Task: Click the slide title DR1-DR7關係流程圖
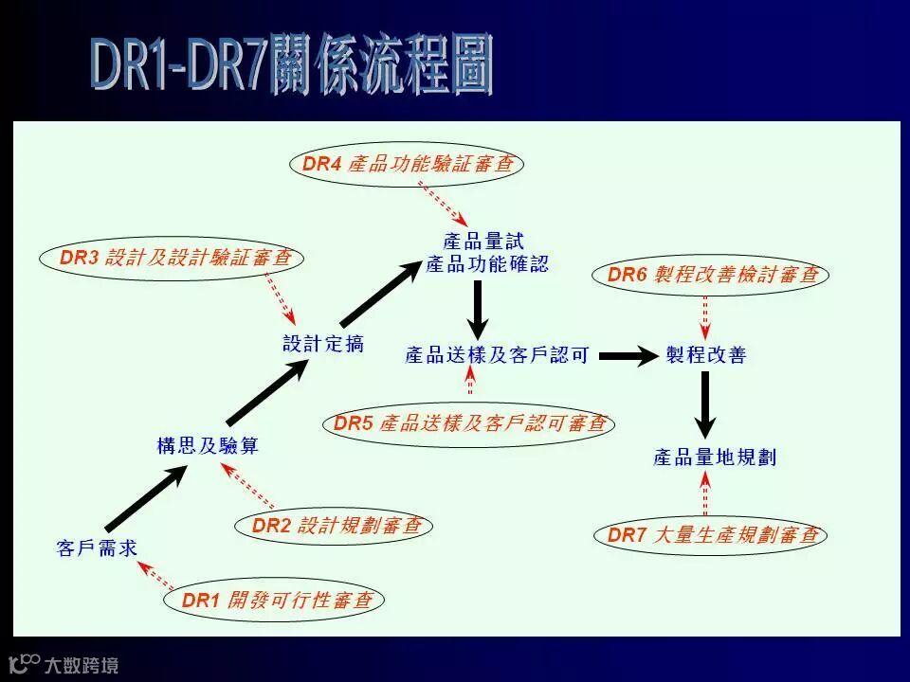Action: coord(292,65)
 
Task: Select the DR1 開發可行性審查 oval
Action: coord(276,600)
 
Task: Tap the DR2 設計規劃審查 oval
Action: coord(335,526)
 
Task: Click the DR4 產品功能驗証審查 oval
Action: coord(407,163)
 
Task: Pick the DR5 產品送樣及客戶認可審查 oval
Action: coord(468,423)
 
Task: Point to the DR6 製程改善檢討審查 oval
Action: coord(712,275)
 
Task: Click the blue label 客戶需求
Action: coord(98,548)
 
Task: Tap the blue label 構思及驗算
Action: coord(208,446)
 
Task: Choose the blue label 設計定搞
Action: coord(323,344)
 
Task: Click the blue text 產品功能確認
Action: coord(487,264)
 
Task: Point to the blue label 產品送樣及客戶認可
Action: coord(498,355)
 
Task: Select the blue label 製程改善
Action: coord(706,355)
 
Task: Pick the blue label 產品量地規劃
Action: coord(715,458)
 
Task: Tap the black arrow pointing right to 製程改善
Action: coord(628,356)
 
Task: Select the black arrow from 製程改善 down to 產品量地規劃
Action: coord(704,404)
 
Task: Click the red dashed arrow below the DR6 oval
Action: coord(705,316)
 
